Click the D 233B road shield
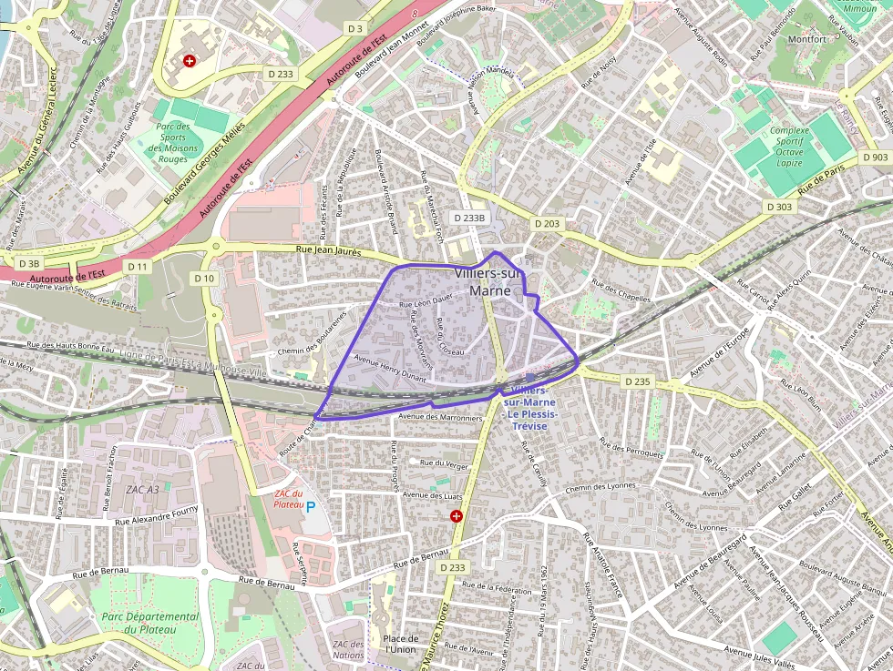pos(470,218)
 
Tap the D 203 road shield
pos(547,223)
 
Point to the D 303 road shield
pos(779,207)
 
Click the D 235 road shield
pos(638,381)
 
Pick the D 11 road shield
pos(138,266)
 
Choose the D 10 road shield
pos(204,278)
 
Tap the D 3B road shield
pos(28,263)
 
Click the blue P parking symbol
pos(311,507)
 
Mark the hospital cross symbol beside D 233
pos(457,516)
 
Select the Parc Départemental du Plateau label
pos(149,624)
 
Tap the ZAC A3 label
pos(142,490)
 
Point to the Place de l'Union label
pos(401,644)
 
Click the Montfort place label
pos(806,39)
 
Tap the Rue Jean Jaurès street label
pos(329,249)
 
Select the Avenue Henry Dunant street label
pos(390,366)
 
